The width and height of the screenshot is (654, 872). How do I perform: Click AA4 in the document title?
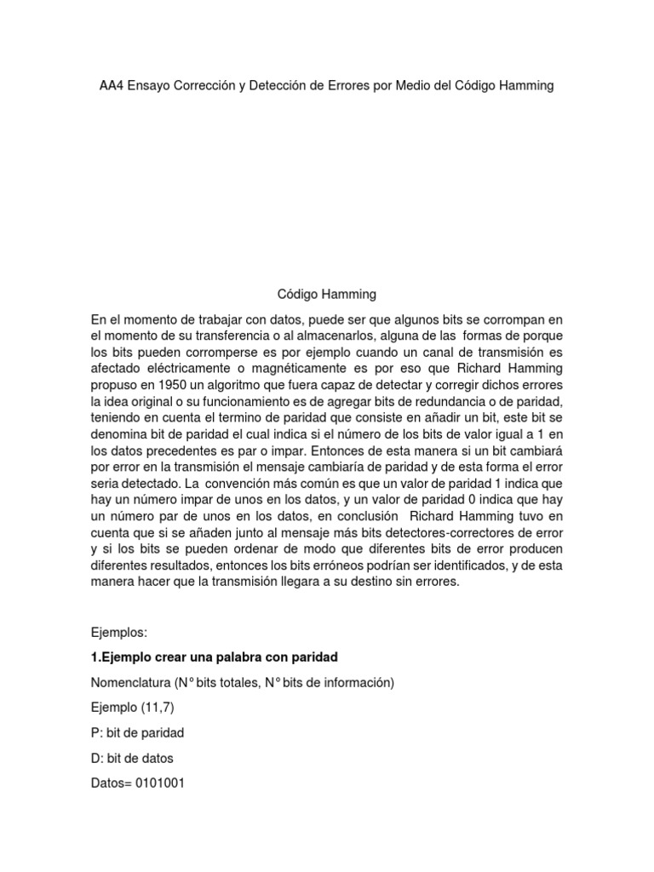pyautogui.click(x=112, y=86)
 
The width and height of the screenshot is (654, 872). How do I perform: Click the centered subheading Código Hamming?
pyautogui.click(x=327, y=295)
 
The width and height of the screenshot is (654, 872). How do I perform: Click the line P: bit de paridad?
pyautogui.click(x=137, y=732)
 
